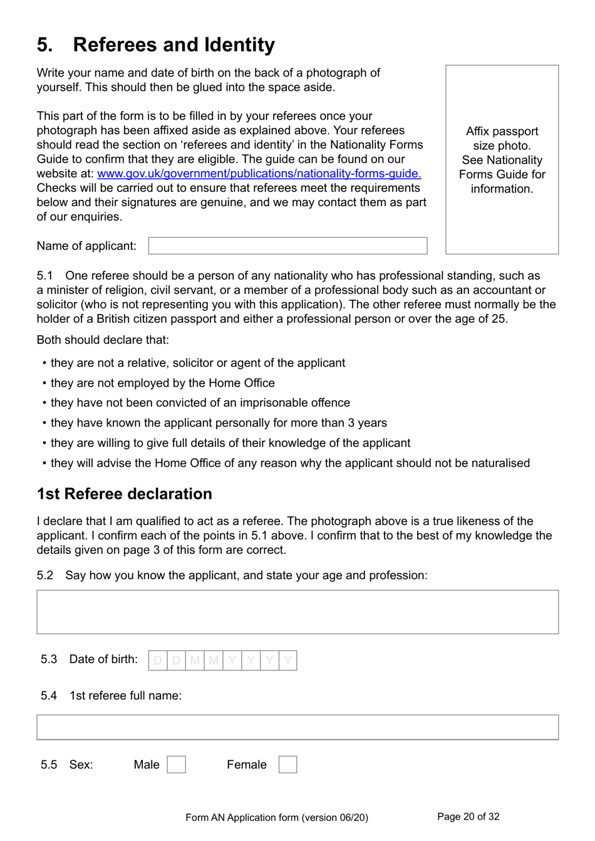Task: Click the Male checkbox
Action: [176, 765]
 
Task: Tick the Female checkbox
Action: [287, 765]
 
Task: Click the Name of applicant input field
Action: [287, 246]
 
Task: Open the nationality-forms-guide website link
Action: [259, 174]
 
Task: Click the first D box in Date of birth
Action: [158, 661]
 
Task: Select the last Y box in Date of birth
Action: [287, 661]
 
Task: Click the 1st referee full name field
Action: [297, 727]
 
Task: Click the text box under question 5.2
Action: [297, 612]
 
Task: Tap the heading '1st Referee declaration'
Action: [124, 494]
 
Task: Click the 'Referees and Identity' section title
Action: [173, 44]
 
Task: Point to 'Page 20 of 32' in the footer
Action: [468, 817]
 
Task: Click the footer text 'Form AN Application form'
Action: [276, 817]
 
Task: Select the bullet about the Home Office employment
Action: [162, 383]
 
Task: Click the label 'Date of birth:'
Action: [103, 659]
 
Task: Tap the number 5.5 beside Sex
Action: [49, 765]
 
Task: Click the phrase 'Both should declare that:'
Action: [103, 340]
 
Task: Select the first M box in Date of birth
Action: [195, 661]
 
